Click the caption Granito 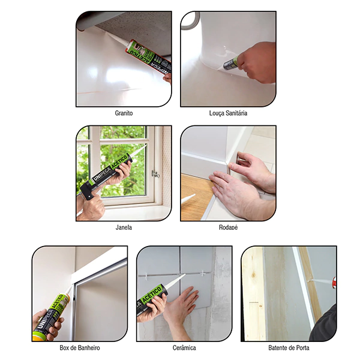point(124,113)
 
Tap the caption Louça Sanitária point(228,113)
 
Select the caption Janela point(124,227)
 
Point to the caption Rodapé point(228,227)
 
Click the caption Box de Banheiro point(80,347)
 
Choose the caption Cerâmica point(184,347)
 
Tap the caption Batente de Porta point(289,347)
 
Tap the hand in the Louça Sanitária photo point(256,62)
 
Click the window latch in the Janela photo point(156,174)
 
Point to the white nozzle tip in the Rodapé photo point(188,199)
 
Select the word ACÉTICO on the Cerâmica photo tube point(152,294)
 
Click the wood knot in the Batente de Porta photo point(253,275)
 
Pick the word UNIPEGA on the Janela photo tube point(102,172)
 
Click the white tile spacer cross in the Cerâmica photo point(203,273)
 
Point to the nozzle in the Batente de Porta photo point(320,281)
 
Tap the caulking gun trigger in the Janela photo point(89,195)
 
